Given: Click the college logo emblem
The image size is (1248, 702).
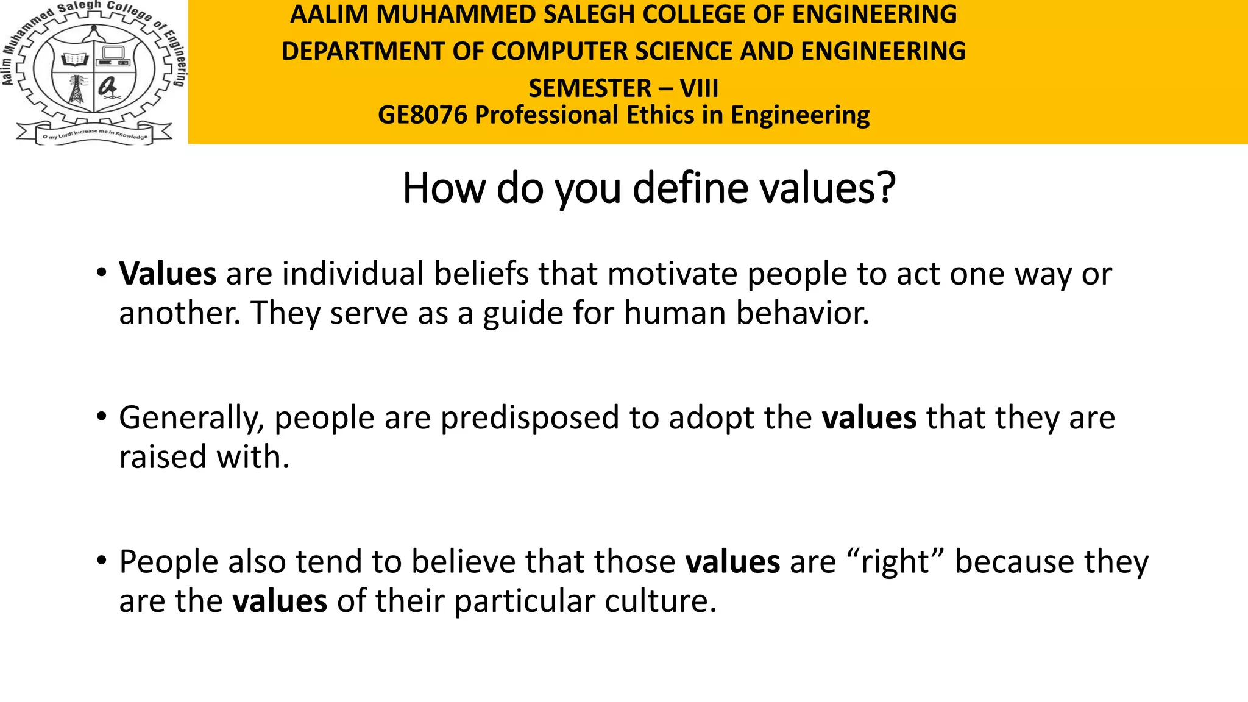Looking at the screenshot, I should click(x=93, y=72).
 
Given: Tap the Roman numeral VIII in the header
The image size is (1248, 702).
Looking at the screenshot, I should click(x=699, y=89).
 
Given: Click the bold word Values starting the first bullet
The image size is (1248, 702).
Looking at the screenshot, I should click(x=168, y=274).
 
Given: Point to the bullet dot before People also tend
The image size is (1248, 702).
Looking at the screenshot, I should click(x=101, y=559).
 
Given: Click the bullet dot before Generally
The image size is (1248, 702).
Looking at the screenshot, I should click(x=101, y=416).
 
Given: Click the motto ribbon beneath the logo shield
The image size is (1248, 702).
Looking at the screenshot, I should click(x=94, y=134).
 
